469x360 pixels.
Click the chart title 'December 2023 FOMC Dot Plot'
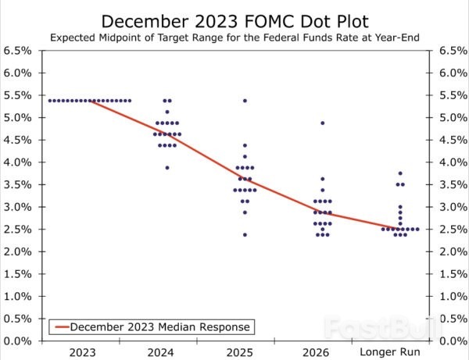click(x=234, y=20)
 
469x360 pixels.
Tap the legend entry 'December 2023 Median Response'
click(x=162, y=326)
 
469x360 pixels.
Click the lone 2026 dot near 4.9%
click(x=322, y=123)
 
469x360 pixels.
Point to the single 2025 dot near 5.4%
click(x=245, y=101)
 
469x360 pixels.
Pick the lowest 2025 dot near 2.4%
click(x=245, y=234)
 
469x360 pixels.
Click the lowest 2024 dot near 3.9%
click(x=167, y=167)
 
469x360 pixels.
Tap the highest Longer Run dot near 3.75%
click(x=400, y=173)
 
